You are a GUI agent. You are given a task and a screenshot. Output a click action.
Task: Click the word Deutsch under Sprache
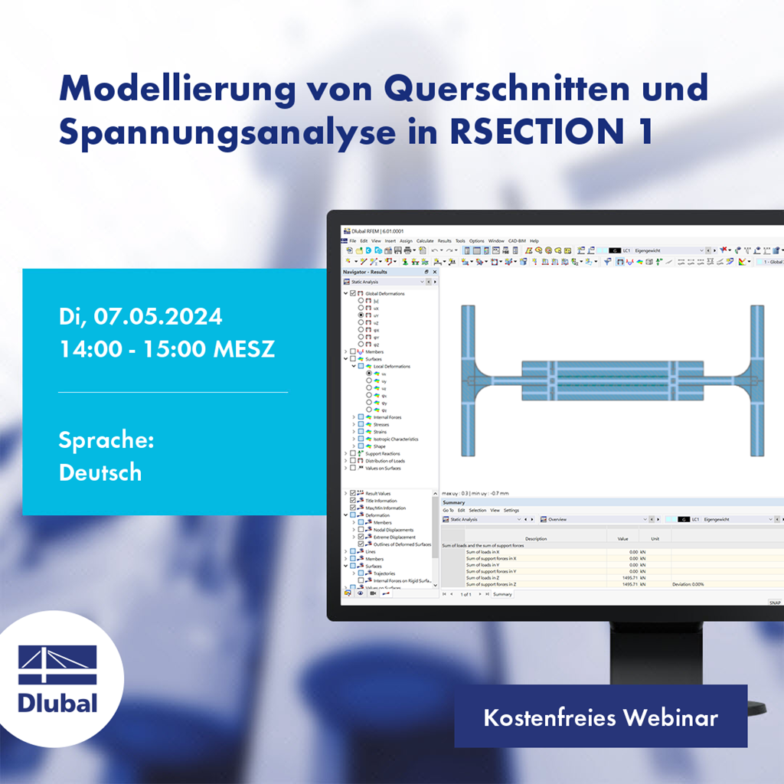[100, 472]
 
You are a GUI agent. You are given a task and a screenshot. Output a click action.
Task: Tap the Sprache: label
[106, 440]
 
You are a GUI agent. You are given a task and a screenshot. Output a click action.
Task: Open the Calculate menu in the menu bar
[425, 240]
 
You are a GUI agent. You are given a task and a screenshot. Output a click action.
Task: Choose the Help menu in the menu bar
[534, 240]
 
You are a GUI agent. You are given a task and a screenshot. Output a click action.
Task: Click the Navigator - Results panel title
[365, 272]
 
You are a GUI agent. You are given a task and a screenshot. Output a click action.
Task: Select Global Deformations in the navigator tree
[384, 293]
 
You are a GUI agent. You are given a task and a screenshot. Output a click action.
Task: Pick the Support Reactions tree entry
[382, 454]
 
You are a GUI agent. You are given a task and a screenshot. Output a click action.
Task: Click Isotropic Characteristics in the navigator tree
[396, 439]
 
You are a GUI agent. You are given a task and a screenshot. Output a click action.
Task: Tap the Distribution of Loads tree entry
[385, 461]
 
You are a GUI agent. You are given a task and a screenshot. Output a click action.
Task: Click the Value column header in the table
[622, 538]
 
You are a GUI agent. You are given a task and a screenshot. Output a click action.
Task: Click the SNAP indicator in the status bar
[775, 603]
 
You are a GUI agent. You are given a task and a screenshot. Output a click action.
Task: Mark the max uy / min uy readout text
[475, 493]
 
